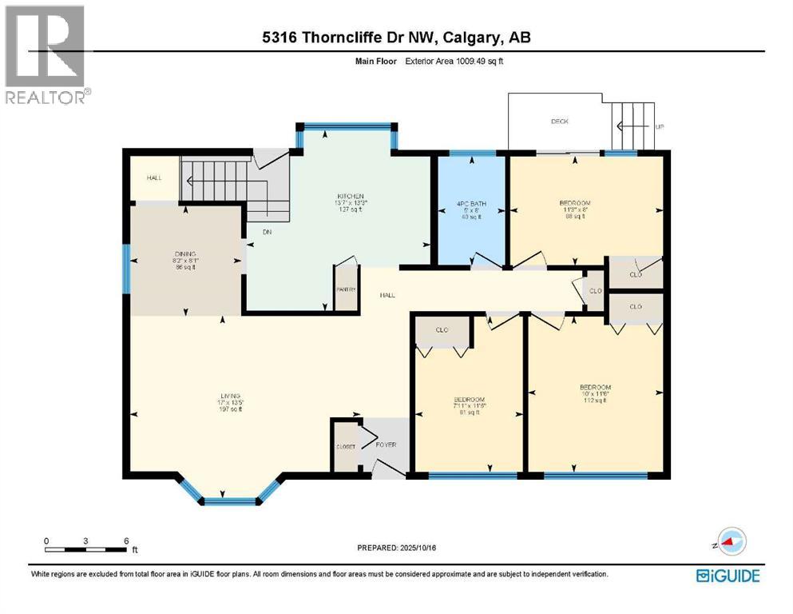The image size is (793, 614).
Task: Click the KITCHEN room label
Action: point(351,197)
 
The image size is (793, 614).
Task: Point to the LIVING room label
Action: point(231,396)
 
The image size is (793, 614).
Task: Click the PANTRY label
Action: point(346,289)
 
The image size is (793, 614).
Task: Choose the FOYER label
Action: point(387,445)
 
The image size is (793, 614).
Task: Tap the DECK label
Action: point(559,122)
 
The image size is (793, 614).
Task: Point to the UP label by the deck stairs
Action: point(660,127)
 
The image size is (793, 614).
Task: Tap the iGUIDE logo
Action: point(727,575)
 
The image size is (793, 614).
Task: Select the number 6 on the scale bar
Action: point(126,540)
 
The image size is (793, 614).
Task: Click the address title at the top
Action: point(396,38)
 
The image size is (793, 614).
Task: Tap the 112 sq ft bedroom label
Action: point(594,401)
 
